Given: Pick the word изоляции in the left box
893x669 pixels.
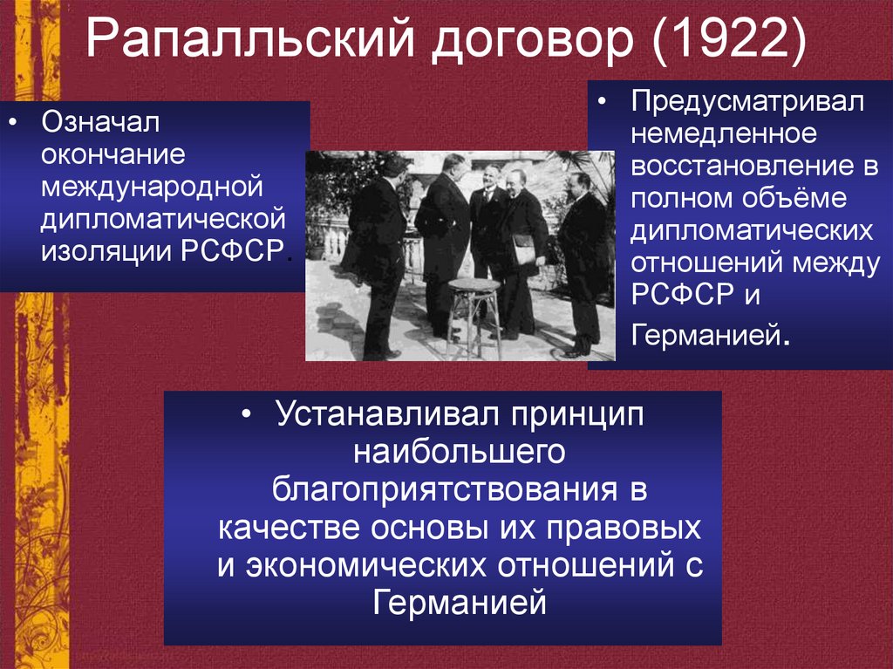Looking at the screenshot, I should tap(106, 249).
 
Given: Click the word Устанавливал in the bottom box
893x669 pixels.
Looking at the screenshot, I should tap(366, 415).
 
